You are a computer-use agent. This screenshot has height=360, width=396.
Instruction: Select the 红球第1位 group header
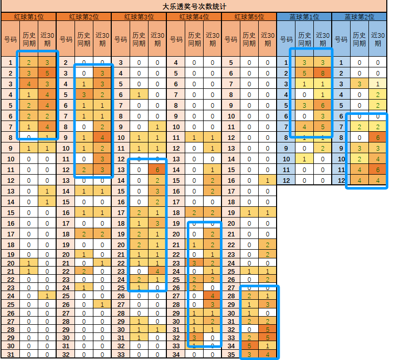(29, 17)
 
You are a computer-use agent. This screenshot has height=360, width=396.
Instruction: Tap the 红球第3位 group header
(139, 17)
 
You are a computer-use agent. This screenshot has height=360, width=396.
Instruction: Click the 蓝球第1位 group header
(304, 17)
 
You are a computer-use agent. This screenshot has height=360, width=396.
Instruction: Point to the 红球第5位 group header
(249, 17)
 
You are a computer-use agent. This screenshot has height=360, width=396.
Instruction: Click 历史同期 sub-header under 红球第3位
(139, 39)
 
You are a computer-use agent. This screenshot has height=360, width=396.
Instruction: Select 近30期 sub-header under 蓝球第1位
(323, 39)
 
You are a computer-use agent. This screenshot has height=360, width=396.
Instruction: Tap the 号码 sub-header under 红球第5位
(231, 39)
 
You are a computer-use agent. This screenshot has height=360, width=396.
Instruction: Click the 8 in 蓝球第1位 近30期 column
(323, 73)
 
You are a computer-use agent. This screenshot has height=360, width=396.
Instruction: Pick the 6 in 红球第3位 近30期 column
(157, 170)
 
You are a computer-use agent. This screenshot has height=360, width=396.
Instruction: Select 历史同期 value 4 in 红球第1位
(29, 84)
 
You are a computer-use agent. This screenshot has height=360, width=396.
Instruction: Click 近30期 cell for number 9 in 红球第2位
(102, 137)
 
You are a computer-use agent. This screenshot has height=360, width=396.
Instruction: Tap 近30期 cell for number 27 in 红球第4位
(212, 295)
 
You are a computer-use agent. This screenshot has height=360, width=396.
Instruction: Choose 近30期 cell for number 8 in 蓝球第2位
(378, 137)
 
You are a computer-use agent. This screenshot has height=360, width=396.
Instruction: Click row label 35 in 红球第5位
(231, 354)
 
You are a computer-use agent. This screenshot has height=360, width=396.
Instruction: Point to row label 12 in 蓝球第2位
(341, 180)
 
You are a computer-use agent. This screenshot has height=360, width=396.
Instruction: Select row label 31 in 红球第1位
(10, 354)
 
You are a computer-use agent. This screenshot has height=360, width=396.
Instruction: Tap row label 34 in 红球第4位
(176, 354)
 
